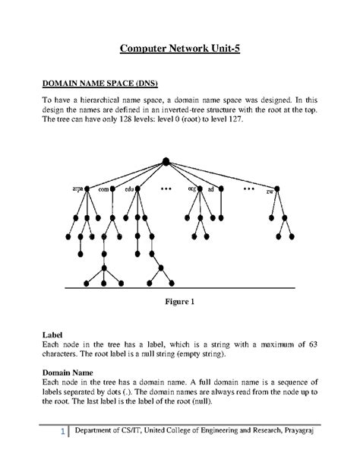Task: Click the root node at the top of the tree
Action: [x=165, y=163]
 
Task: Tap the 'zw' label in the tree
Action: [x=270, y=190]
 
